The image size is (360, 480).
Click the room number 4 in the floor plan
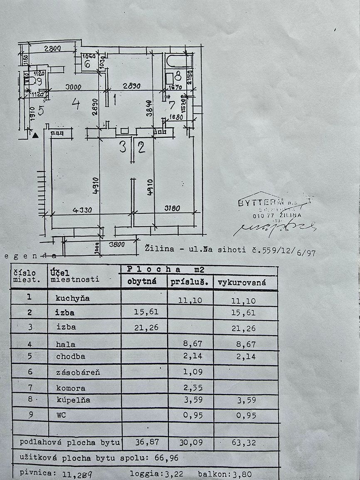[x=75, y=103]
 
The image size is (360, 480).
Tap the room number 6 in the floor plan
[x=87, y=64]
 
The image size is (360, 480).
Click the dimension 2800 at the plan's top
[x=52, y=48]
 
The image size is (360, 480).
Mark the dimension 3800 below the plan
[x=117, y=245]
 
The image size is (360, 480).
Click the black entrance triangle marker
[x=36, y=135]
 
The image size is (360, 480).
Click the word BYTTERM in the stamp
[x=255, y=203]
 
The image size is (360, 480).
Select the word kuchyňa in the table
[x=73, y=298]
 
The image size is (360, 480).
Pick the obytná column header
[x=142, y=282]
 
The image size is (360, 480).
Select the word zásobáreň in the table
[x=78, y=372]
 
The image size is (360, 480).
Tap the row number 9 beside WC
[x=30, y=415]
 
